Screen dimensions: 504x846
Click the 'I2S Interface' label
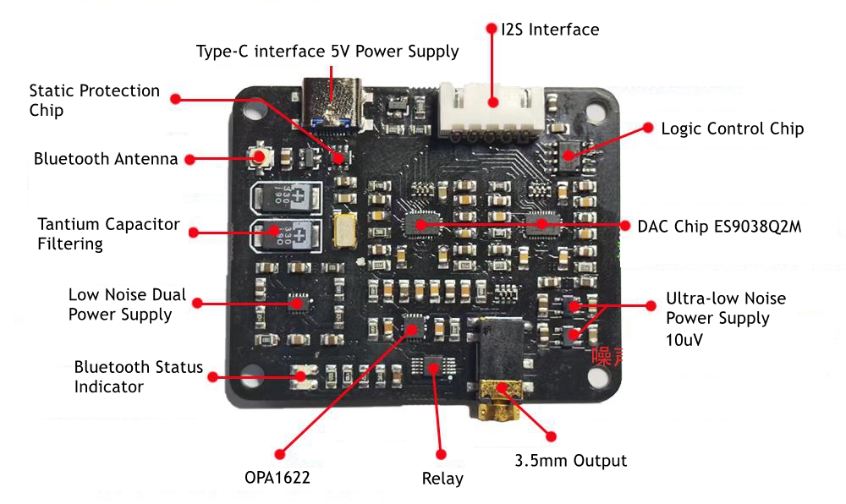pos(550,30)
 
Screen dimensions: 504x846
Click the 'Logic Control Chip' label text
pos(732,129)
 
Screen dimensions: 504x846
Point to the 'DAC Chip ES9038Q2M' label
pos(719,227)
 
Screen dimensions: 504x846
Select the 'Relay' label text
pos(442,479)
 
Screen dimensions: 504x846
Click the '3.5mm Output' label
pos(571,461)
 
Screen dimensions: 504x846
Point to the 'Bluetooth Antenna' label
pos(106,159)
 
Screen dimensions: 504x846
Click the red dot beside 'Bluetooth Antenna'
pos(191,159)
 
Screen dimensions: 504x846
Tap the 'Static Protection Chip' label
pos(94,100)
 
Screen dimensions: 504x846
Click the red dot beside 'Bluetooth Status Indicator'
pos(213,377)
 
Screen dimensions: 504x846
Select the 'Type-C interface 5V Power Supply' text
pos(327,52)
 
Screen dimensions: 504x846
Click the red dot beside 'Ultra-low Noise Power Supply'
pos(651,305)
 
